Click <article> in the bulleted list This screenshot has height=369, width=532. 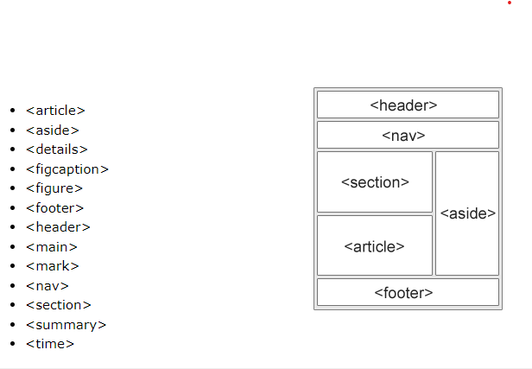55,110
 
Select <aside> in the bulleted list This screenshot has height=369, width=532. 52,130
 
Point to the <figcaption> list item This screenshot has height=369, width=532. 67,169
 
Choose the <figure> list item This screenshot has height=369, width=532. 54,188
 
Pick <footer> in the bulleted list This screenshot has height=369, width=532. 54,207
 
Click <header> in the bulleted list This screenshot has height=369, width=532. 58,226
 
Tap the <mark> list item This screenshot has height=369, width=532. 52,265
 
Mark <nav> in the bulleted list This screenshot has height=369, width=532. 47,285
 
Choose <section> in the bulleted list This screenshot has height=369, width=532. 58,304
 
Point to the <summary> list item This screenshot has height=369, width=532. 66,324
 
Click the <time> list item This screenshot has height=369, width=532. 50,343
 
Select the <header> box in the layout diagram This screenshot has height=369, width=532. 408,105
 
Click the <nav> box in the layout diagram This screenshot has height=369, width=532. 408,135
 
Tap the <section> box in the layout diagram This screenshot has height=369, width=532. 374,181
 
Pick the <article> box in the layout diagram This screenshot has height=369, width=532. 374,245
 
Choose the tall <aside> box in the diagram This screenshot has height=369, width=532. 467,213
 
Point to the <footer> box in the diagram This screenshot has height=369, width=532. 408,292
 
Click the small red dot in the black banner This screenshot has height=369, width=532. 510,3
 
